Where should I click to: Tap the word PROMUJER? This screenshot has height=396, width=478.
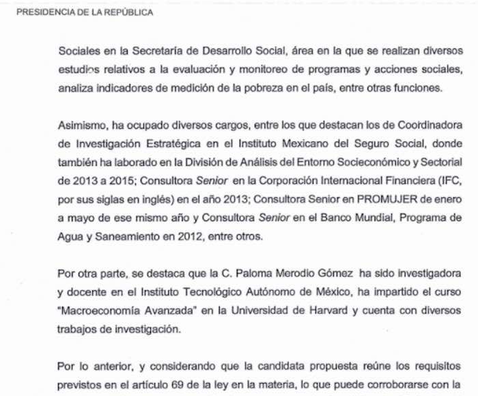click(376, 199)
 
